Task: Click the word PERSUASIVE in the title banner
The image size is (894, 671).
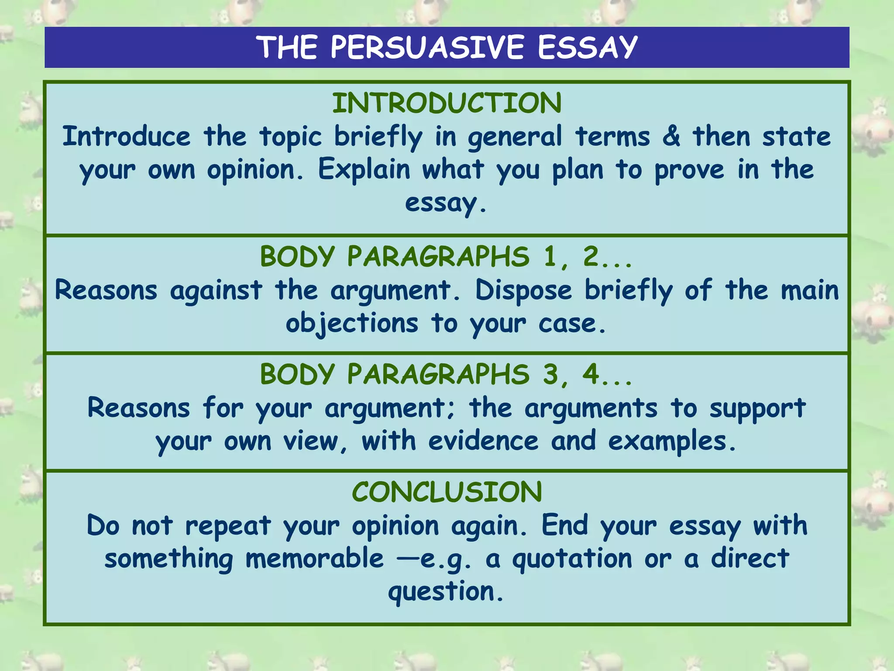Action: coord(427,47)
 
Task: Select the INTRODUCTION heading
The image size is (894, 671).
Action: coord(447,104)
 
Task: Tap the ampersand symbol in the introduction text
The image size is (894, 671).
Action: coord(671,136)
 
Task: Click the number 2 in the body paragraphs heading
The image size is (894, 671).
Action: coord(591,256)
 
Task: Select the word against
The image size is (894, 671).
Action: coord(216,291)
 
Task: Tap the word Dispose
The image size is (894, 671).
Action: coord(523,291)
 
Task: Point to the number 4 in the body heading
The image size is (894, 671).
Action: coord(591,374)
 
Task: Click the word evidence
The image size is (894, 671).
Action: coord(483,441)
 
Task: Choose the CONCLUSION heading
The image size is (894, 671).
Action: coord(447,492)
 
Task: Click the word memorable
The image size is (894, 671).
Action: coord(314,559)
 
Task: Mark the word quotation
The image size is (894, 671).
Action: coord(572,560)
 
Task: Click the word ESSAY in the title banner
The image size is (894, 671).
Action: coord(588,47)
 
